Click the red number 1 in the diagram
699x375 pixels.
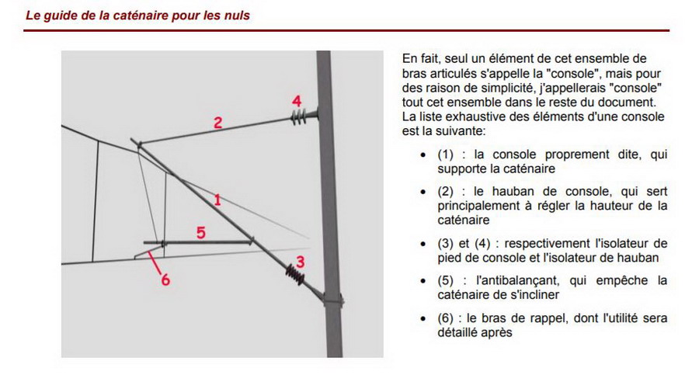pos(218,200)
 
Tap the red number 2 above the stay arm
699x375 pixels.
pos(218,122)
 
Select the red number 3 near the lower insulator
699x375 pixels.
pos(301,262)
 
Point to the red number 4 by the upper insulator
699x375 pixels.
pos(296,101)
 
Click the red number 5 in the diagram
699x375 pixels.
pos(200,231)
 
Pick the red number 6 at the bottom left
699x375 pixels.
pos(165,280)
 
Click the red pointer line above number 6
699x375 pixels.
pos(155,262)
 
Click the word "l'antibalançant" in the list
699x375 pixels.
pos(506,280)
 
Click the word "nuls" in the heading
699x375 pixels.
pos(237,15)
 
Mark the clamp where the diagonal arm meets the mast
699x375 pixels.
pos(332,298)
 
